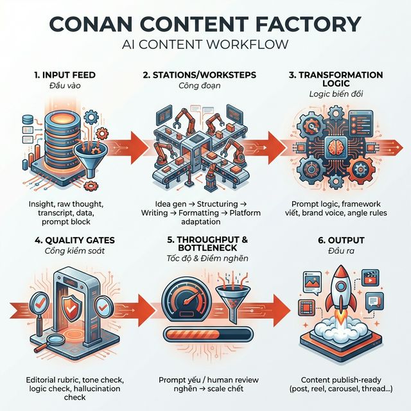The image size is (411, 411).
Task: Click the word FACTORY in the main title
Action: point(306,23)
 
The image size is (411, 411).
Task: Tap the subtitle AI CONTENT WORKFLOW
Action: point(205,46)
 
